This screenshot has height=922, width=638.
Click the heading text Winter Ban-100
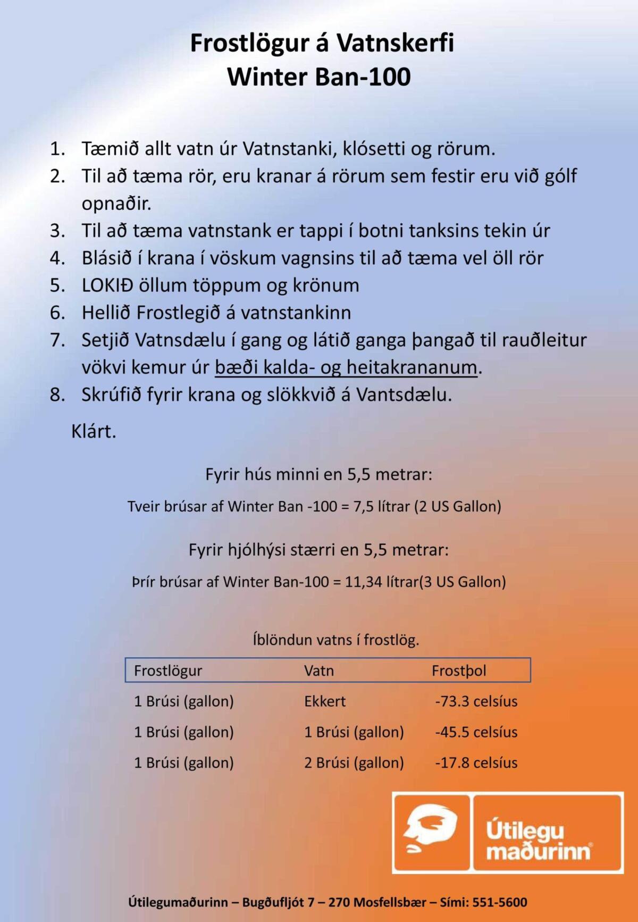pyautogui.click(x=319, y=77)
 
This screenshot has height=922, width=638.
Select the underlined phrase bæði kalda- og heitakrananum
pyautogui.click(x=346, y=367)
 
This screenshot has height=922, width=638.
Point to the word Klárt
pyautogui.click(x=94, y=431)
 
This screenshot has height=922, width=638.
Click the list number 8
pyautogui.click(x=57, y=395)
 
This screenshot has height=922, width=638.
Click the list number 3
pyautogui.click(x=57, y=231)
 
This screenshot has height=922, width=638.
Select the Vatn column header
pyautogui.click(x=319, y=670)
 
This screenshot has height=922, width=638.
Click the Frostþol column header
pyautogui.click(x=459, y=670)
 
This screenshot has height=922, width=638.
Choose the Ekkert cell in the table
pyautogui.click(x=325, y=701)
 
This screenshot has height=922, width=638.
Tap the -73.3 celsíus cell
pyautogui.click(x=476, y=701)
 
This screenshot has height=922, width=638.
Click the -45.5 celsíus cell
pyautogui.click(x=476, y=732)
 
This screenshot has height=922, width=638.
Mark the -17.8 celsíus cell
pyautogui.click(x=476, y=763)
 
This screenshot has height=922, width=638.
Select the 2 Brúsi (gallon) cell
pyautogui.click(x=354, y=763)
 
